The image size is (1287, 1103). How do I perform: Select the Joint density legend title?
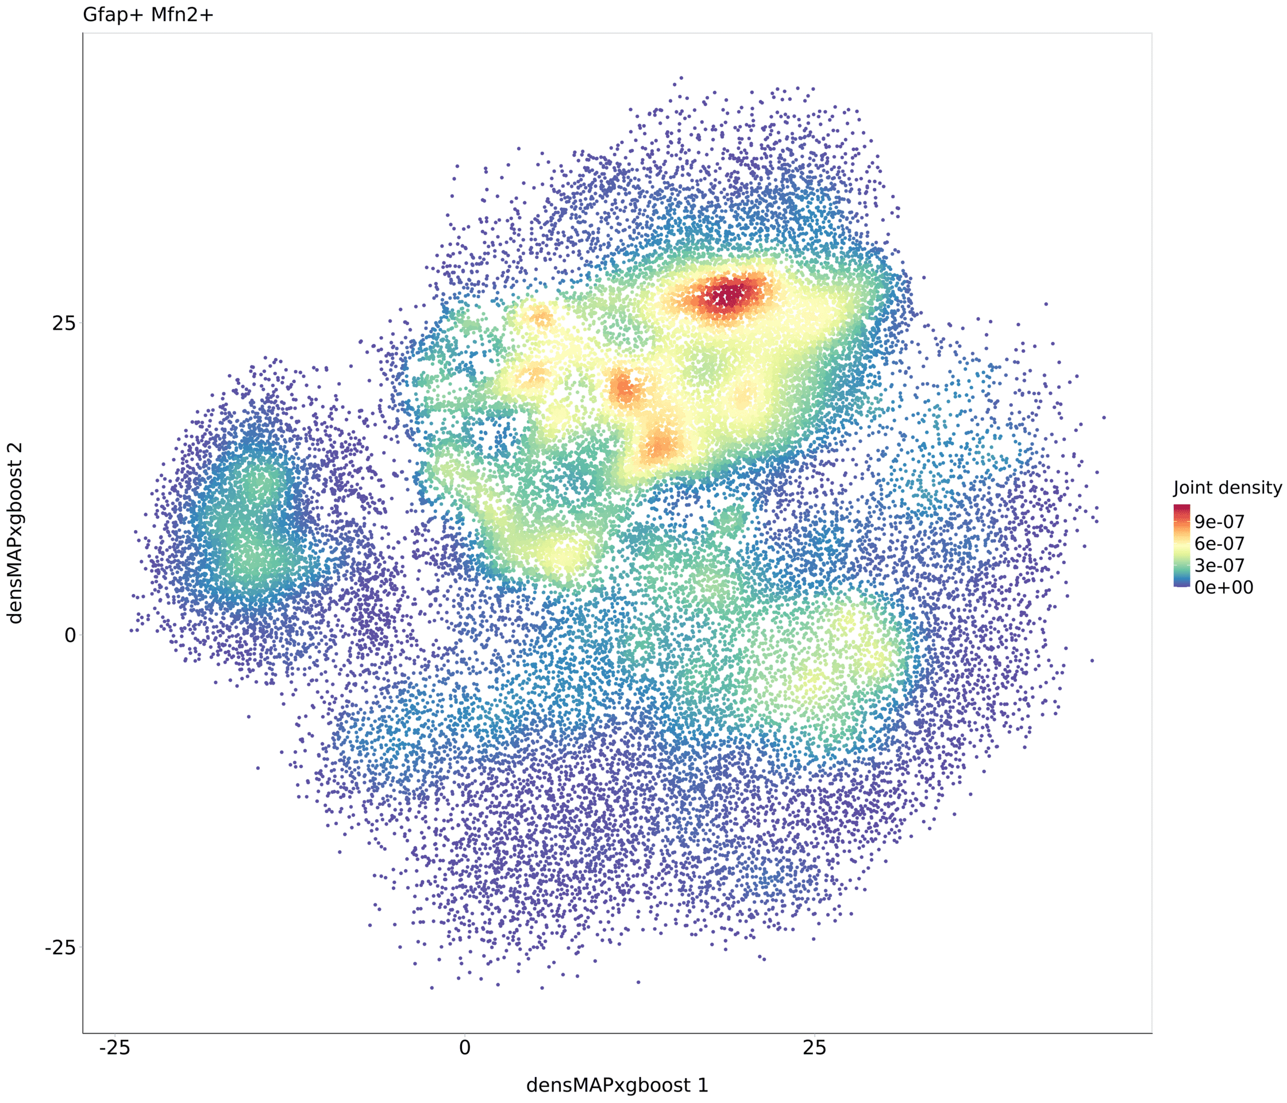coord(1227,488)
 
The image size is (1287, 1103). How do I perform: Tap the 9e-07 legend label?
coord(1219,522)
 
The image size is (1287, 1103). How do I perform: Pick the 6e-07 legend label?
coord(1219,544)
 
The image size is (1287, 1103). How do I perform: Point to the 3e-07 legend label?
coord(1219,566)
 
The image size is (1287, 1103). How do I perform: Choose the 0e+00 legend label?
coord(1224,588)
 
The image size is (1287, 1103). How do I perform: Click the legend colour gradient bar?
coord(1182,546)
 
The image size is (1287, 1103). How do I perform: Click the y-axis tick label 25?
coord(63,323)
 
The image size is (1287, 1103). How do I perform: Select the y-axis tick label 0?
coord(70,635)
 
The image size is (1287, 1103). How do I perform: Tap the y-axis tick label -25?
coord(60,948)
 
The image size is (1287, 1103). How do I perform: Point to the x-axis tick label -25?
coord(114,1048)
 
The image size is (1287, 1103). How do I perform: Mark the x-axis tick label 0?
coord(465,1048)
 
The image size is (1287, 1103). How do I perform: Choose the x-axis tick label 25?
coord(814,1048)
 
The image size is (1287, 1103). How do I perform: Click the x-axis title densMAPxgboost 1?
coord(617,1086)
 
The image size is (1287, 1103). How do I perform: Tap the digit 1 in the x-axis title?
coord(703,1086)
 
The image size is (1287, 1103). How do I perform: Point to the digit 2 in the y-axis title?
coord(15,449)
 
